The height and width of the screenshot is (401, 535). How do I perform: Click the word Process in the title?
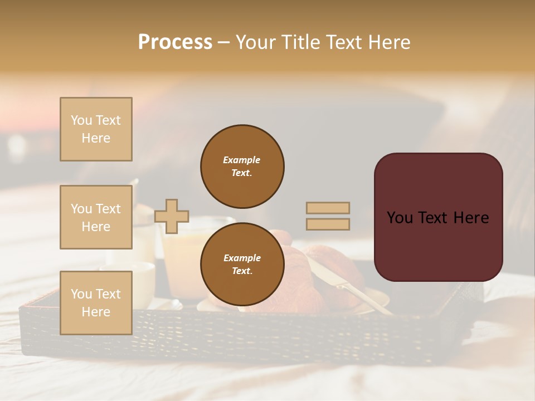[175, 42]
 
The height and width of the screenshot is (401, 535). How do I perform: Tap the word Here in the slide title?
[387, 42]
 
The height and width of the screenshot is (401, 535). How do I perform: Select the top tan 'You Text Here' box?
[96, 129]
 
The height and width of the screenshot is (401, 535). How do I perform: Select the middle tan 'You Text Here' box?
[96, 217]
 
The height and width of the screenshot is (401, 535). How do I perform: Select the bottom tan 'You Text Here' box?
[96, 302]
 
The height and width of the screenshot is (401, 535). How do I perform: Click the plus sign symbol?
[172, 216]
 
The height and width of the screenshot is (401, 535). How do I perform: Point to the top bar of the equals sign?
[328, 208]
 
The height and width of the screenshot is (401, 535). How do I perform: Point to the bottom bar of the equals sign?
[328, 224]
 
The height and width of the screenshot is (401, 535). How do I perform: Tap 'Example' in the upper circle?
[241, 160]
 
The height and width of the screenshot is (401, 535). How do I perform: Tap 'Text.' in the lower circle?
[241, 271]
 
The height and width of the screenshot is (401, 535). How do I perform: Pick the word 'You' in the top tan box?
[81, 120]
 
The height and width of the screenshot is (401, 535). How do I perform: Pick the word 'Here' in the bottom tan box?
[96, 312]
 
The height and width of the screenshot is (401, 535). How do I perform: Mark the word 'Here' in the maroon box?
[471, 218]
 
